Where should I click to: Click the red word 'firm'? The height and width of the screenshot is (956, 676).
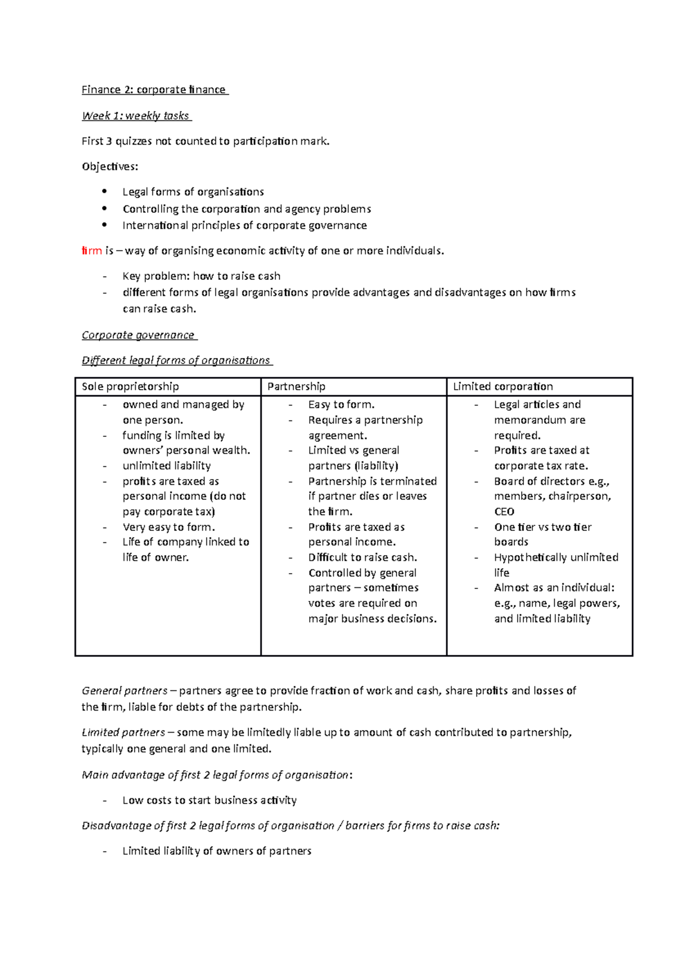[91, 251]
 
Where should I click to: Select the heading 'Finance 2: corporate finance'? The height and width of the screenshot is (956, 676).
[154, 90]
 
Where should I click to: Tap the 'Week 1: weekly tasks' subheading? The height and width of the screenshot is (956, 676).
[136, 116]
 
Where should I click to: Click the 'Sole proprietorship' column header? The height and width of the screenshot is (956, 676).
[130, 387]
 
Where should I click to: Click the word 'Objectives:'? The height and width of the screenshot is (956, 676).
[110, 167]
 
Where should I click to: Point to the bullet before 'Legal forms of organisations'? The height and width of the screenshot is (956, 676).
[104, 191]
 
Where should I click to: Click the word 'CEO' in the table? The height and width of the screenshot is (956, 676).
[504, 512]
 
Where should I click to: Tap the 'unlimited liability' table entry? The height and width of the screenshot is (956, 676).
[167, 466]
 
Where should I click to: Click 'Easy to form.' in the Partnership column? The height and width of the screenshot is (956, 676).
[341, 405]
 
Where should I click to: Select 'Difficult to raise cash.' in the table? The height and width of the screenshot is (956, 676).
[363, 558]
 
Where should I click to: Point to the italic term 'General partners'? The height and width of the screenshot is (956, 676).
[124, 691]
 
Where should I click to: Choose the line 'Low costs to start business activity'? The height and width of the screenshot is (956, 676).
[210, 801]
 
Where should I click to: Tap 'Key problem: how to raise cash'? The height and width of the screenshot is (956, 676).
[201, 276]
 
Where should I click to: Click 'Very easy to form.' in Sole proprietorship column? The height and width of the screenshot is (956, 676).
[168, 528]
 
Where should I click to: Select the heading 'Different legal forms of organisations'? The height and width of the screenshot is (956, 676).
[176, 361]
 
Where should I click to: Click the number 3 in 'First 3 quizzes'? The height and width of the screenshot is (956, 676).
[109, 141]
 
